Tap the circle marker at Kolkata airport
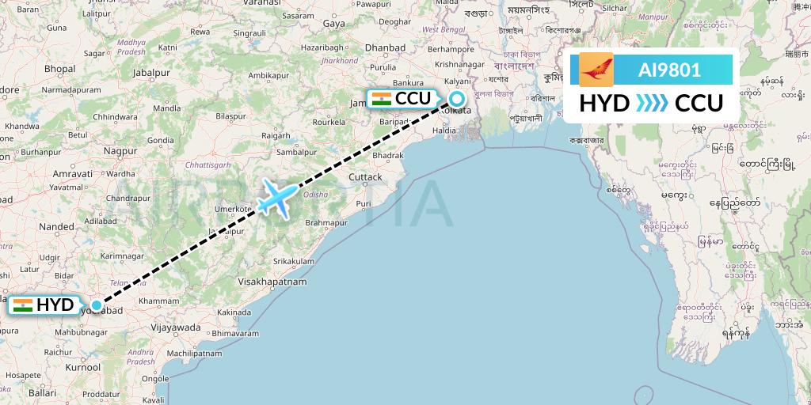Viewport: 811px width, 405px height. (458, 99)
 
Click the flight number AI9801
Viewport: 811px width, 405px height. (669, 70)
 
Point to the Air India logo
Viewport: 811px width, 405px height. (596, 70)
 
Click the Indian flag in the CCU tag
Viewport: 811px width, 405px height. (382, 99)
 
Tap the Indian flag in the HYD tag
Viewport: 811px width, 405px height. (22, 305)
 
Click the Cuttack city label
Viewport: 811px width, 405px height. (365, 176)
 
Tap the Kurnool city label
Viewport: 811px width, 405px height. (83, 368)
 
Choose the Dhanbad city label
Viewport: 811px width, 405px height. (385, 47)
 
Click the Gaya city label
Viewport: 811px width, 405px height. (334, 24)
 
